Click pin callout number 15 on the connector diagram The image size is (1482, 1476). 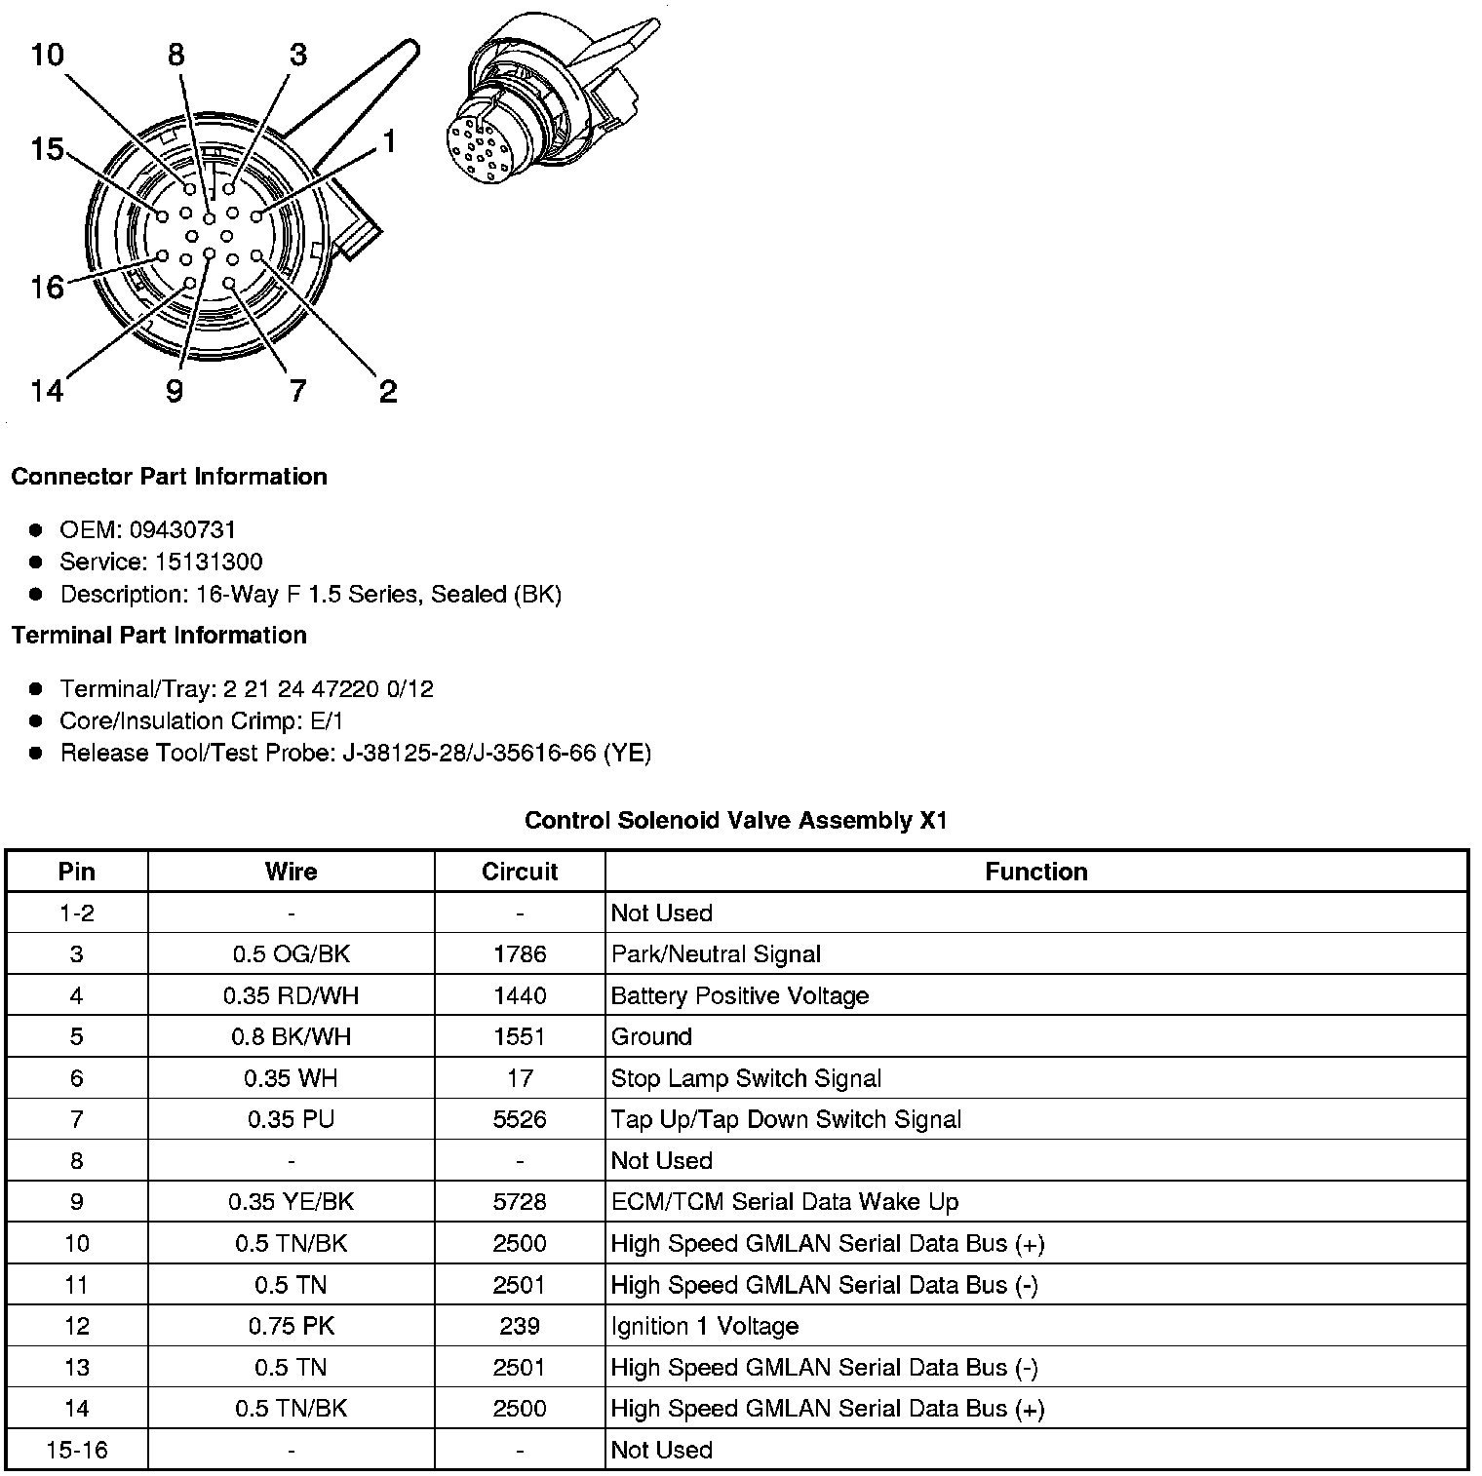click(46, 150)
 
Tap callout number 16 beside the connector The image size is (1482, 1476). click(46, 288)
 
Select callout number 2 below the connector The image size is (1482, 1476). click(388, 392)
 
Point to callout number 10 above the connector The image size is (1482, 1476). click(46, 55)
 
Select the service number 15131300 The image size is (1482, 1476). click(209, 563)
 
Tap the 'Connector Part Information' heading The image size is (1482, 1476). click(169, 477)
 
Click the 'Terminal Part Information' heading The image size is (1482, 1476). click(159, 636)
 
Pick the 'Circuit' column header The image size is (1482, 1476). click(520, 872)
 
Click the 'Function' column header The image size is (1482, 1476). click(1035, 872)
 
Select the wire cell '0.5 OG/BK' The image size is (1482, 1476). click(291, 954)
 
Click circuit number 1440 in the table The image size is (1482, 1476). click(520, 996)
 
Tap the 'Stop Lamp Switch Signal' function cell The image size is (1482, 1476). click(746, 1078)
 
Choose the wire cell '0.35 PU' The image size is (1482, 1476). click(291, 1120)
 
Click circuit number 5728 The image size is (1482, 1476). click(520, 1202)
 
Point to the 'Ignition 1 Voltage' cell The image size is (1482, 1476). click(705, 1326)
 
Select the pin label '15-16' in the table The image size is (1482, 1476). click(77, 1450)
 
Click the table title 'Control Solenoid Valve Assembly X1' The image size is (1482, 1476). click(736, 821)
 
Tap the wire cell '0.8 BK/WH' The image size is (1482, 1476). click(291, 1037)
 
